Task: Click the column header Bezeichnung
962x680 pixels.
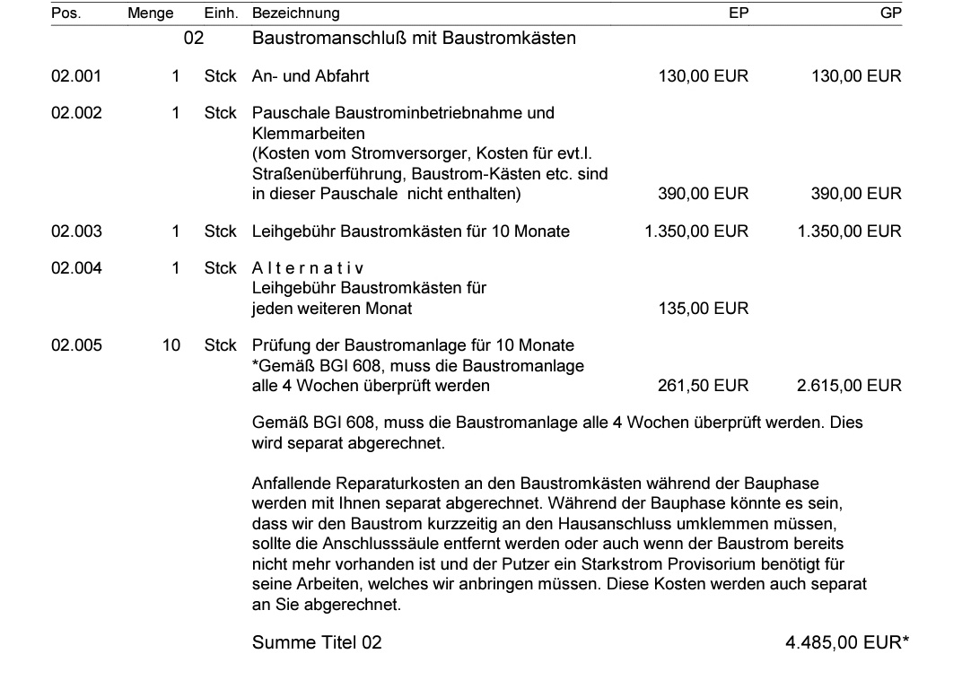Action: [296, 13]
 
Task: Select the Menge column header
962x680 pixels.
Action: [151, 13]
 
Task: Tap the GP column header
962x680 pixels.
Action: [891, 13]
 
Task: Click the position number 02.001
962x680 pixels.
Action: [76, 76]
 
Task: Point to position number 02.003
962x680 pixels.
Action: [76, 231]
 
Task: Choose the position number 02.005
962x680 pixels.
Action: [76, 345]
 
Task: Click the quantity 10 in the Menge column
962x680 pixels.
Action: [171, 345]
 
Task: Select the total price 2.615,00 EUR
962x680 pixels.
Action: [849, 386]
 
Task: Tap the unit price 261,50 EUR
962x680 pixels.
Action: [703, 386]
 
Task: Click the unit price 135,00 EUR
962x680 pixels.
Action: [703, 309]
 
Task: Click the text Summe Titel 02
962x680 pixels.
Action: [317, 642]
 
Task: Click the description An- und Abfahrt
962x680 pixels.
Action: [310, 76]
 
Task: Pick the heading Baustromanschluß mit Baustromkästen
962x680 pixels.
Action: [414, 38]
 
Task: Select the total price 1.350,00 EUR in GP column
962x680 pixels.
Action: [849, 231]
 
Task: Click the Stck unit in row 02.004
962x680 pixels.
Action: [220, 268]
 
